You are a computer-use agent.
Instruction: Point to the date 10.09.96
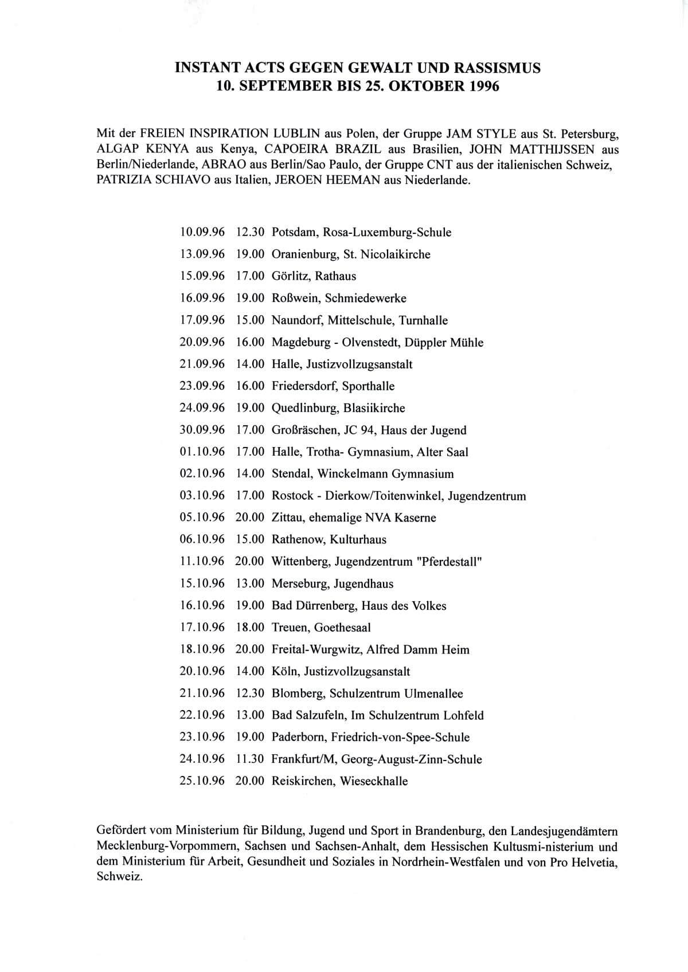tap(202, 233)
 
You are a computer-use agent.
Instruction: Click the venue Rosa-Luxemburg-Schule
tap(387, 233)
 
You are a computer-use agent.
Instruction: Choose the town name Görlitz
tap(290, 276)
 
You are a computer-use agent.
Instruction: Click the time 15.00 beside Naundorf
tap(250, 320)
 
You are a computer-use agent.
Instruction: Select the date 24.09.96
tap(202, 408)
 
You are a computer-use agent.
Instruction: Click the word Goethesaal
tap(342, 628)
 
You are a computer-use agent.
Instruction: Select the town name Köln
tap(284, 672)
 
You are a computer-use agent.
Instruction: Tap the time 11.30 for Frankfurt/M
tap(250, 759)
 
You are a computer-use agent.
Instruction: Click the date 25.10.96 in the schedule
tap(202, 781)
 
